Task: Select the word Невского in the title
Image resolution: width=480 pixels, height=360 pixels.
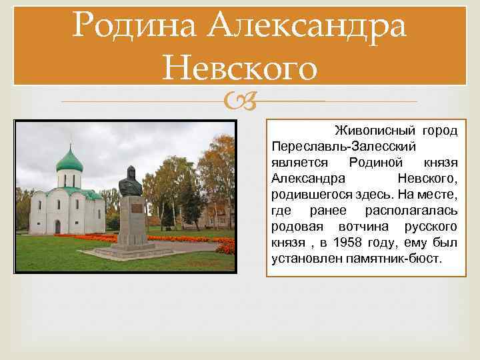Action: pyautogui.click(x=239, y=68)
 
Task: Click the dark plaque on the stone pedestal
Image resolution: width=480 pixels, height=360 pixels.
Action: pyautogui.click(x=135, y=209)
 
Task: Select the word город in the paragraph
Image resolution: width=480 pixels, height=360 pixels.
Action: pyautogui.click(x=441, y=129)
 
